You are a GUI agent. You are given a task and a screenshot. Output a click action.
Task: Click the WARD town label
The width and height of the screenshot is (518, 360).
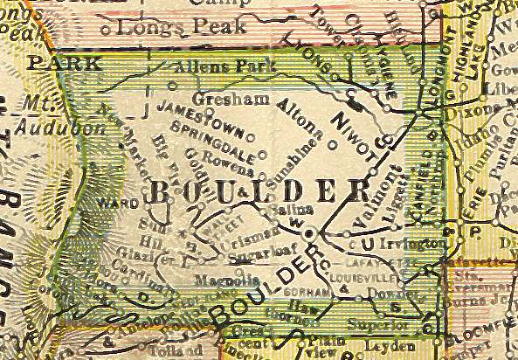coord(122,203)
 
